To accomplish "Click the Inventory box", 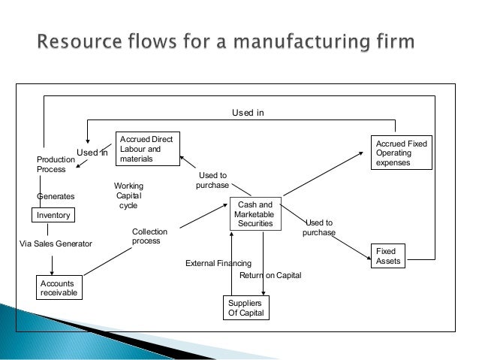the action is [x=53, y=215].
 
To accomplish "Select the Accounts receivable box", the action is [x=59, y=288].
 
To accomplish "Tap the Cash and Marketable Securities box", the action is [x=255, y=213].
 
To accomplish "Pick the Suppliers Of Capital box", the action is [x=246, y=307].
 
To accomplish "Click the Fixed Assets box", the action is [x=388, y=256].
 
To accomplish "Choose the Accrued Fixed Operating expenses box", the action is [x=402, y=153].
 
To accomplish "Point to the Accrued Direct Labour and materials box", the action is [x=148, y=149].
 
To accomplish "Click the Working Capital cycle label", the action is [x=128, y=195].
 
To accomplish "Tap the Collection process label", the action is [x=149, y=236].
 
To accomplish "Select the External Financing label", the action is [x=218, y=263].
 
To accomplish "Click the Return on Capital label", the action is [x=270, y=275].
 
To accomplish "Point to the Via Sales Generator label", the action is [x=56, y=244].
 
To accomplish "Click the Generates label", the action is [x=56, y=196].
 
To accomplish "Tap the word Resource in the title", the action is [x=80, y=41].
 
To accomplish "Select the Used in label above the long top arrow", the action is [x=248, y=113].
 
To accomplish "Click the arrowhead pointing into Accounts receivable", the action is [x=52, y=273].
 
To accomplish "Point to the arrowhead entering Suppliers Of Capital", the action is [x=264, y=293].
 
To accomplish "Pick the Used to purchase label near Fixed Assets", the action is [x=319, y=228].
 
